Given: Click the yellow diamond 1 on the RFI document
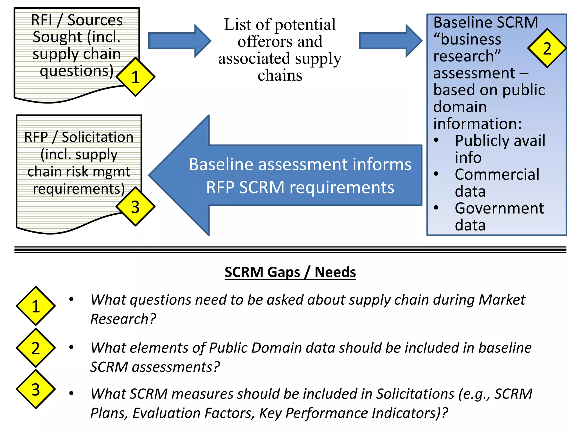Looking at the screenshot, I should (136, 77).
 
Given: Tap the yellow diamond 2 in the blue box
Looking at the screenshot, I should (547, 48).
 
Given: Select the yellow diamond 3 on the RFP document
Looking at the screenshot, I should (136, 207).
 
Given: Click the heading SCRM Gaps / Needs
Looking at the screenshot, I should (290, 272).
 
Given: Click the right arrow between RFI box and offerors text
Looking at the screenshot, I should (179, 41).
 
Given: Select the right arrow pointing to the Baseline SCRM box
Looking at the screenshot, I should (391, 41).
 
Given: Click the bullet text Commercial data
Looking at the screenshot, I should (497, 183).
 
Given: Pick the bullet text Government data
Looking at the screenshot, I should (499, 216).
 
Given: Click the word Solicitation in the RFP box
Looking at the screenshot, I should (97, 137).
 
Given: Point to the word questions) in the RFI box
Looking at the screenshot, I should (76, 71).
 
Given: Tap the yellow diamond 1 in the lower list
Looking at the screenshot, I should (36, 306).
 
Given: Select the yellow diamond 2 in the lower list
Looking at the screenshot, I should (36, 348).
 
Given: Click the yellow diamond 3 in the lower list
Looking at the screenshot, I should (36, 389).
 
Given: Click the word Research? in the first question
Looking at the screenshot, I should (123, 319).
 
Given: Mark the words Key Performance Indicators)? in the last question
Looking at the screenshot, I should (353, 413).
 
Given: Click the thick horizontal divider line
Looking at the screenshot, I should (290, 250).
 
